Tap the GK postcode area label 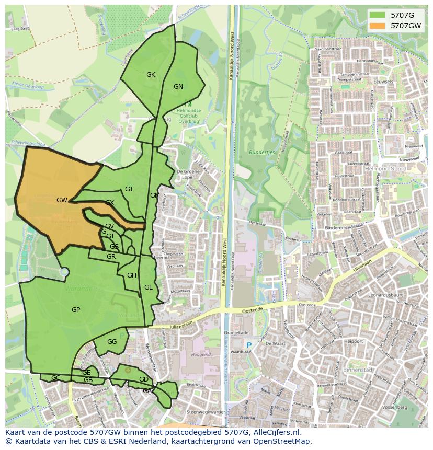point(151,75)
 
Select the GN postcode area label point(178,87)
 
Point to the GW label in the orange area point(62,200)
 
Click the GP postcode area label point(76,310)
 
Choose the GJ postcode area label point(129,189)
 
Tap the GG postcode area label point(112,342)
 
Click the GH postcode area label point(132,275)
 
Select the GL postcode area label point(149,287)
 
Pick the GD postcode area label point(144,379)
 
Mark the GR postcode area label point(111,257)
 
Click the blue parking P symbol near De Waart point(249,345)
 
